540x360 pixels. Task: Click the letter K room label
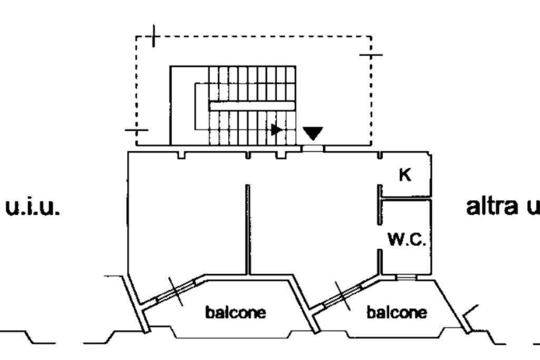405,175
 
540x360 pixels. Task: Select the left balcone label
235,313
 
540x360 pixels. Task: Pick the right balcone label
397,313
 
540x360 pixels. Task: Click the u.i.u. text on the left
33,207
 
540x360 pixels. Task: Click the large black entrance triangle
313,133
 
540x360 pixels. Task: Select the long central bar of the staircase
252,106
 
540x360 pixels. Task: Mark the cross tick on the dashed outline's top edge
153,36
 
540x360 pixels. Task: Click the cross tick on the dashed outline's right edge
371,54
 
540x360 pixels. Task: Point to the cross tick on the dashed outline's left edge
136,130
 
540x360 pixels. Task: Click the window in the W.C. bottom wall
406,277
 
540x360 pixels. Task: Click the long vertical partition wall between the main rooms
247,229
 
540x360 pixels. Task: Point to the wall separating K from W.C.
406,198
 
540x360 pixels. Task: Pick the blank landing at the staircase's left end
182,105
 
